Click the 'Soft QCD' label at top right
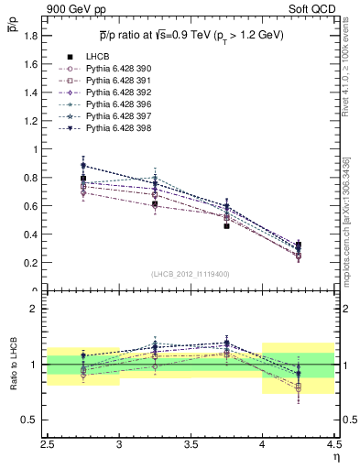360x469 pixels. pyautogui.click(x=311, y=9)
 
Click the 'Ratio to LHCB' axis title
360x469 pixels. pyautogui.click(x=14, y=365)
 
